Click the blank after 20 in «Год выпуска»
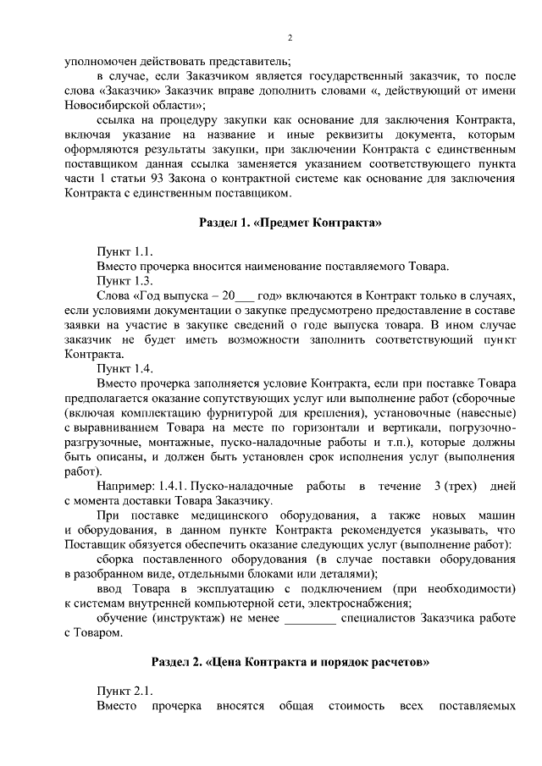point(243,296)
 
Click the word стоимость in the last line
point(356,706)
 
